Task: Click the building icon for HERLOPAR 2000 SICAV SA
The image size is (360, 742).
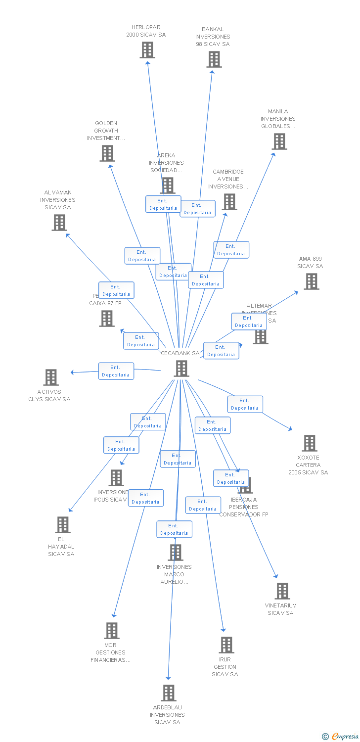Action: tap(147, 50)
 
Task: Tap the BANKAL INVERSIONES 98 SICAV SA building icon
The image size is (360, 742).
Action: tap(214, 59)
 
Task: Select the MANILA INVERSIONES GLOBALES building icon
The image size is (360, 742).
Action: tap(279, 141)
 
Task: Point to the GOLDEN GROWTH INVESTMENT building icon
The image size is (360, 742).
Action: tap(107, 153)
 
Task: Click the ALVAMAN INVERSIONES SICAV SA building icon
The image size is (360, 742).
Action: tap(59, 223)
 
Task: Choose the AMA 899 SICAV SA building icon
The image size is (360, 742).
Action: tap(311, 281)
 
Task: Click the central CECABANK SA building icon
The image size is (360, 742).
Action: tap(181, 369)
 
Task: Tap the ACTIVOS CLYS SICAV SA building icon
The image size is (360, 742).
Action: tap(50, 377)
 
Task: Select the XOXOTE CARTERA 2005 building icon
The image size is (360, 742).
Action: tap(310, 443)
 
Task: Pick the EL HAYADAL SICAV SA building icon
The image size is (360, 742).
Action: tap(62, 525)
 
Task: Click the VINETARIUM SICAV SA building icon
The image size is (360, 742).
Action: tap(282, 591)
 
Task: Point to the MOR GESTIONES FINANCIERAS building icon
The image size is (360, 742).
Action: tap(112, 631)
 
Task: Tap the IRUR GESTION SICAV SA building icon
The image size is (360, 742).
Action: tap(226, 645)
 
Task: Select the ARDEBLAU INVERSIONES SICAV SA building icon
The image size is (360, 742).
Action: tap(169, 693)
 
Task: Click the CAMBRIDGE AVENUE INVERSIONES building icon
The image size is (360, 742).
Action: tap(229, 202)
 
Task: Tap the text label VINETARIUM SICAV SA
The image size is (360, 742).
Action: tap(280, 609)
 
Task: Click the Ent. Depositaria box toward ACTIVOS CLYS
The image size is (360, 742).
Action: tap(116, 371)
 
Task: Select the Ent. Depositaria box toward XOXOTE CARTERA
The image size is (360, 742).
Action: tap(245, 404)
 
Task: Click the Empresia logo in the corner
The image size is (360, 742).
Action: tap(340, 737)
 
